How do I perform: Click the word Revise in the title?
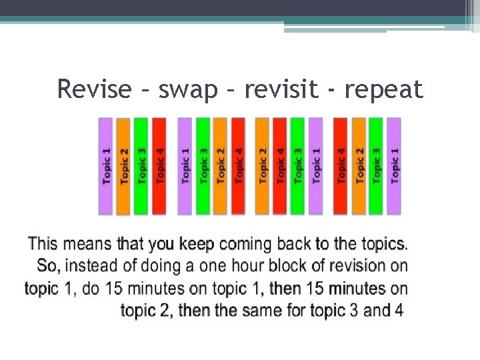click(94, 89)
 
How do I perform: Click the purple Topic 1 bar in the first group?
click(105, 165)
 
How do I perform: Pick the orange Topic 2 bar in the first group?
click(123, 165)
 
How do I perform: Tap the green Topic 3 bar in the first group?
click(141, 165)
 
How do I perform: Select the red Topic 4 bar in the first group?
click(159, 165)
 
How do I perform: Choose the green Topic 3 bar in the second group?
click(203, 165)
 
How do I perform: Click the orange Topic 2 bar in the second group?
click(221, 165)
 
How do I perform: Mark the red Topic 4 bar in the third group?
click(280, 165)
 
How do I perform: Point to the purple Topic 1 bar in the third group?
click(316, 165)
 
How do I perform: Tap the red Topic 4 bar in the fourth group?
click(341, 165)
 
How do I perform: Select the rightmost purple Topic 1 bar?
click(395, 165)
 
